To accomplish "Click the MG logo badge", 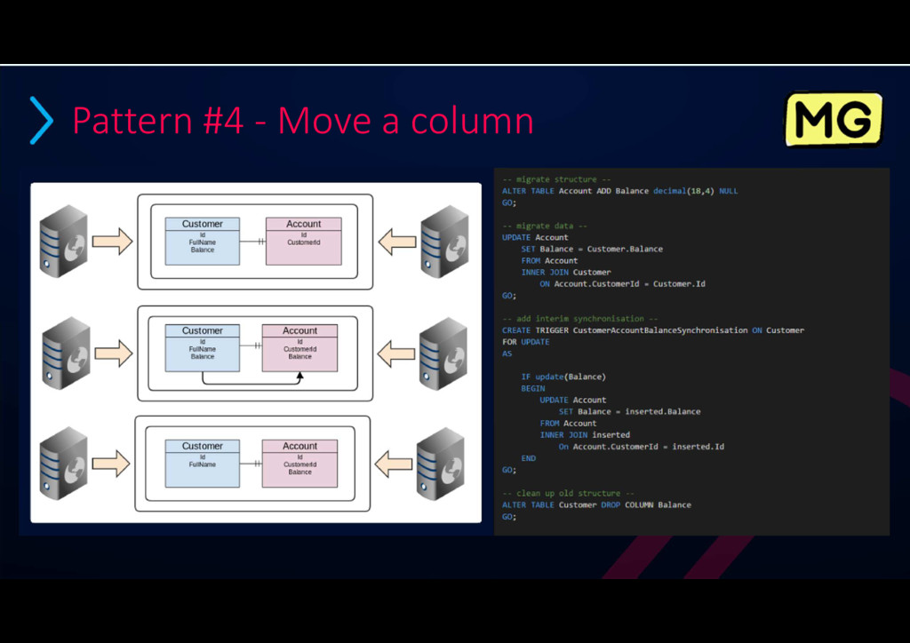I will click(833, 120).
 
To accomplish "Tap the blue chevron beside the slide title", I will click(41, 121).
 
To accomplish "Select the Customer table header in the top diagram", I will click(203, 224).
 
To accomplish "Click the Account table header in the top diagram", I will click(303, 224).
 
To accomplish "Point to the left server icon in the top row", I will click(64, 241).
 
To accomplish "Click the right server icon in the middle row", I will click(443, 353).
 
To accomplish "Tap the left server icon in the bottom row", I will click(64, 462).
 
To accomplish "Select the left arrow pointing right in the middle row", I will click(113, 353).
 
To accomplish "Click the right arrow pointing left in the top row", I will click(396, 241).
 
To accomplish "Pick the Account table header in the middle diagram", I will click(299, 330).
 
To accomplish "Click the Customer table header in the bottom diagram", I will click(203, 446).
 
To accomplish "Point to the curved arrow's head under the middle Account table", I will click(299, 377).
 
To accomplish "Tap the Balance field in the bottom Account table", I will click(299, 472).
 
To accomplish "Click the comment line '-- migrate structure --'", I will click(556, 179).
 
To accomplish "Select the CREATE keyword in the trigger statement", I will click(516, 330).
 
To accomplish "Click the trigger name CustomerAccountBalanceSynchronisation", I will click(660, 330).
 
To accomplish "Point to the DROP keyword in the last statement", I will click(611, 504).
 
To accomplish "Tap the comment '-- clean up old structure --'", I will click(568, 493).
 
